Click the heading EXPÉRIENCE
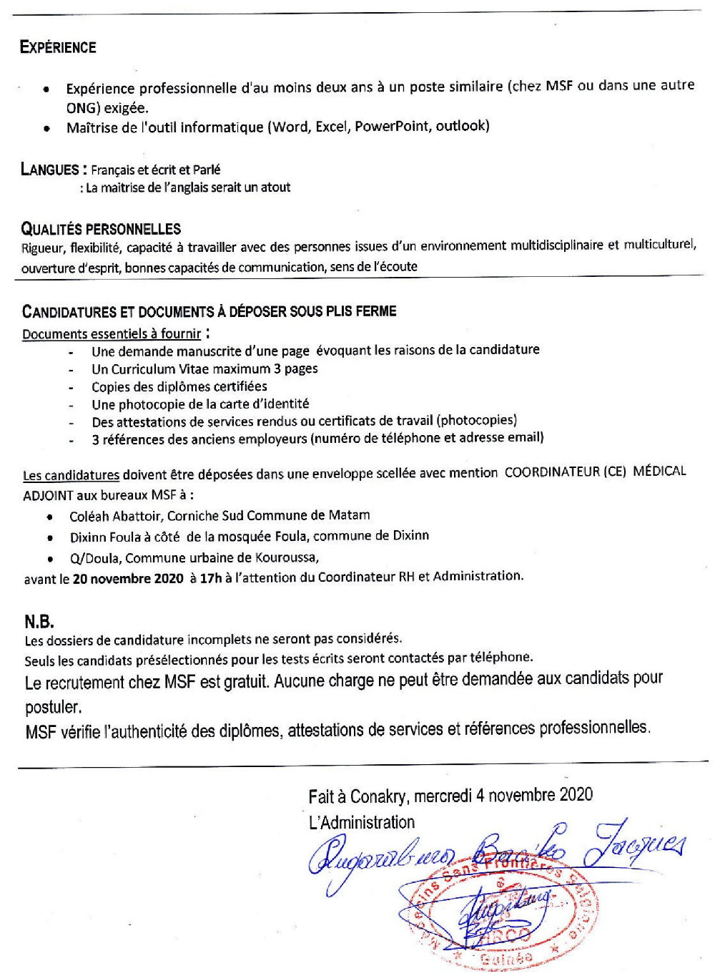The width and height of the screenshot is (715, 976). coord(58,48)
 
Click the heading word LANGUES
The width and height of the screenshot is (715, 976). coord(50,170)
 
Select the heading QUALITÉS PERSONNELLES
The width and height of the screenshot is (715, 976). coord(101,229)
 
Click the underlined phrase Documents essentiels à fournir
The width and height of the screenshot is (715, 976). coord(112,333)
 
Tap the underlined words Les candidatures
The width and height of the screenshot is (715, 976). coord(71,475)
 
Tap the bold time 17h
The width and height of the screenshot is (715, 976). coord(210,578)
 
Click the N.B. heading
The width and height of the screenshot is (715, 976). coord(39,622)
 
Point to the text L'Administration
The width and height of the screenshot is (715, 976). coord(361,823)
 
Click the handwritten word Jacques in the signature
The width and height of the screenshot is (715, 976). coord(638,844)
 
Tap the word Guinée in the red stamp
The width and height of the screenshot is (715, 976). coord(506,959)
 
